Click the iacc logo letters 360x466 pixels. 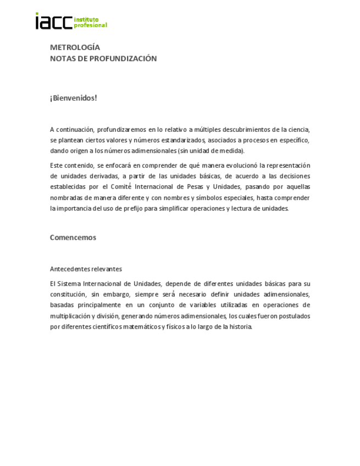tap(53, 21)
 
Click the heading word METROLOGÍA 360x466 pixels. tap(75, 47)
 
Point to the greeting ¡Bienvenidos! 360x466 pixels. tap(73, 98)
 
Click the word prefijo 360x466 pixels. tap(128, 208)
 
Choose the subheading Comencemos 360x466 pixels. tap(73, 237)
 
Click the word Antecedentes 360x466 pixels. tap(70, 269)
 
